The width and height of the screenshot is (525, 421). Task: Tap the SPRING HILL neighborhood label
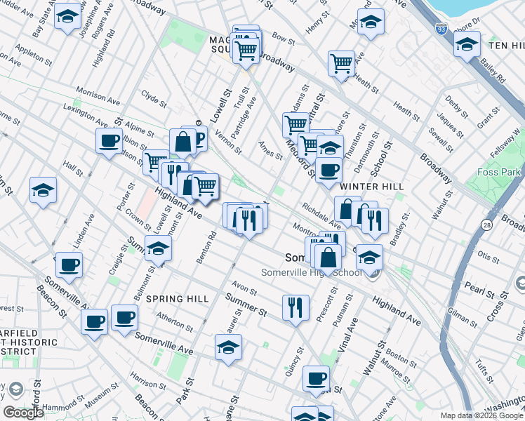(x=178, y=299)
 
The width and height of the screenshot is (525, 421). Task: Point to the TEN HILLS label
(x=507, y=46)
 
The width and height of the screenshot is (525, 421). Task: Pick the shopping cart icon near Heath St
(x=341, y=63)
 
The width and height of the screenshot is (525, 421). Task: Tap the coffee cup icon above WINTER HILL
(x=328, y=170)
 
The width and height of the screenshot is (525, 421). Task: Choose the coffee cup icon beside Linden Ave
(x=69, y=265)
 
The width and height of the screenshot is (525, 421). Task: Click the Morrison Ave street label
(x=98, y=95)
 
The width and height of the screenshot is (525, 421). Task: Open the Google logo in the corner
(x=23, y=413)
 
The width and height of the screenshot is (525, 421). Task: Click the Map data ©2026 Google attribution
(x=481, y=415)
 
